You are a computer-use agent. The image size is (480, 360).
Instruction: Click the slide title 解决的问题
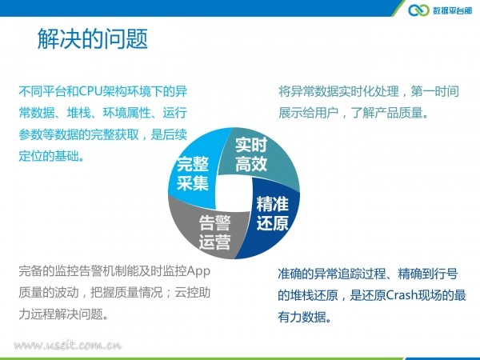[x=93, y=39]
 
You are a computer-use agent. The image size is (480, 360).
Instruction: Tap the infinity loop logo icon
[x=418, y=10]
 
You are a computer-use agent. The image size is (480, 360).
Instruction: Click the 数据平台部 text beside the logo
[x=453, y=10]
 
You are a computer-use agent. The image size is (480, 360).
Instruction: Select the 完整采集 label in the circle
[x=193, y=174]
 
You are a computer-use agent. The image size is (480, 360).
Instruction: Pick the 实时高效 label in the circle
[x=251, y=154]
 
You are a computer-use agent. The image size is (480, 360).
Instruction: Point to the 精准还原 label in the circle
[x=273, y=213]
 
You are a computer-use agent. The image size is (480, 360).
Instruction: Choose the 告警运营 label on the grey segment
[x=214, y=232]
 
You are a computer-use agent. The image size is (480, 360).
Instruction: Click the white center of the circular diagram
[x=234, y=193]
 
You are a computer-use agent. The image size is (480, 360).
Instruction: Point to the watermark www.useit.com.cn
[x=68, y=346]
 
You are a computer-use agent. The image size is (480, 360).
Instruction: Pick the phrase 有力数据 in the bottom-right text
[x=302, y=317]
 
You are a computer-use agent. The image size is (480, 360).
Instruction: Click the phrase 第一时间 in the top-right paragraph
[x=434, y=91]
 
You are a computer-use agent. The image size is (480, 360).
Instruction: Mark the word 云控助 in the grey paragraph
[x=193, y=292]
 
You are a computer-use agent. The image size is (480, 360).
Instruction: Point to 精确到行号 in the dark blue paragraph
[x=428, y=274]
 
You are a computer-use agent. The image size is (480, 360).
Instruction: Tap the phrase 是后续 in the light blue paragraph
[x=169, y=134]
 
